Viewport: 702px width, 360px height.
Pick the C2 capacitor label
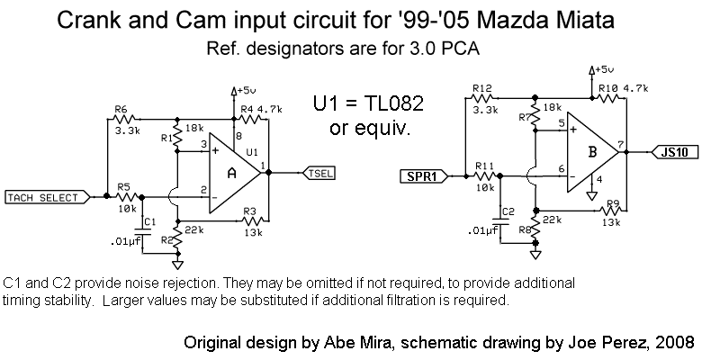click(x=508, y=211)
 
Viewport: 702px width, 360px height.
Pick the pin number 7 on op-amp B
click(x=622, y=144)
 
